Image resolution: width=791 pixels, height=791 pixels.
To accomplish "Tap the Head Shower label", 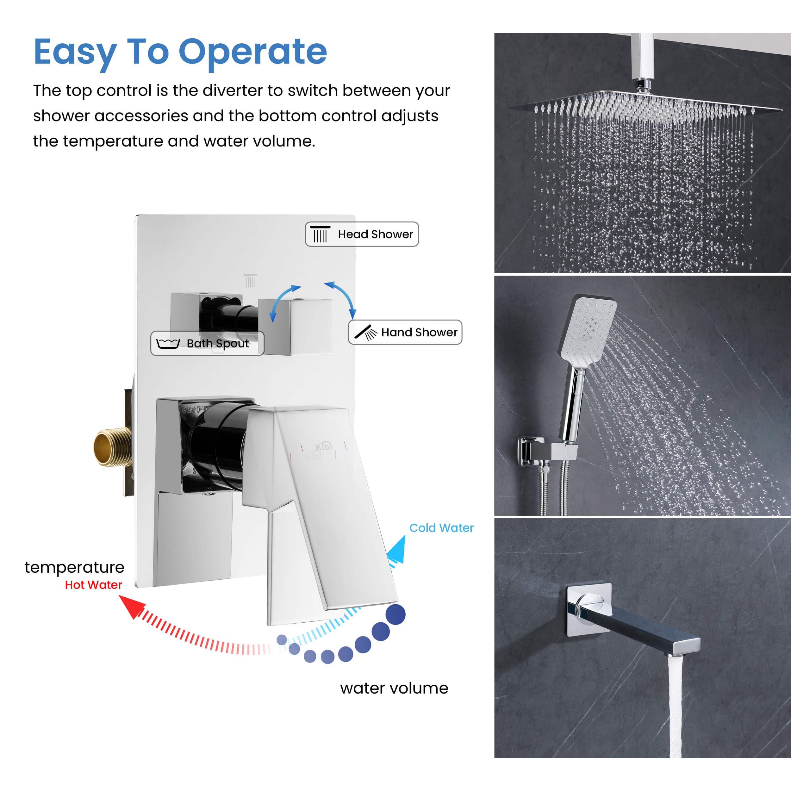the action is point(362,234).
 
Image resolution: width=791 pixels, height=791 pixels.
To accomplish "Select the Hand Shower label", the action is point(405,332).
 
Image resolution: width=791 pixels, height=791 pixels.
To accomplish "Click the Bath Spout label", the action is point(207,343).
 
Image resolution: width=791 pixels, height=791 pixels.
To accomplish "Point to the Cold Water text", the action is point(441,528).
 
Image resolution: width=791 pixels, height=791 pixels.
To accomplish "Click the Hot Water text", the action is point(93,585).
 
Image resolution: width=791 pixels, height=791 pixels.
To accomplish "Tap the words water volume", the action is point(394,688).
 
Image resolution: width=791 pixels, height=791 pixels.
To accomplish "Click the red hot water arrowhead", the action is point(132,606).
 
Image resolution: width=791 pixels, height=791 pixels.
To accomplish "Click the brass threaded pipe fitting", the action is point(112,447).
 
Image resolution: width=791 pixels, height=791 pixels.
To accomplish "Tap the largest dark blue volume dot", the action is point(395,614).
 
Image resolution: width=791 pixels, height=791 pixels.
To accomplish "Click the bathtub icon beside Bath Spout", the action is point(168,343).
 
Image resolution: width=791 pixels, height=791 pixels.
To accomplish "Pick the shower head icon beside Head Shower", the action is point(320,234).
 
